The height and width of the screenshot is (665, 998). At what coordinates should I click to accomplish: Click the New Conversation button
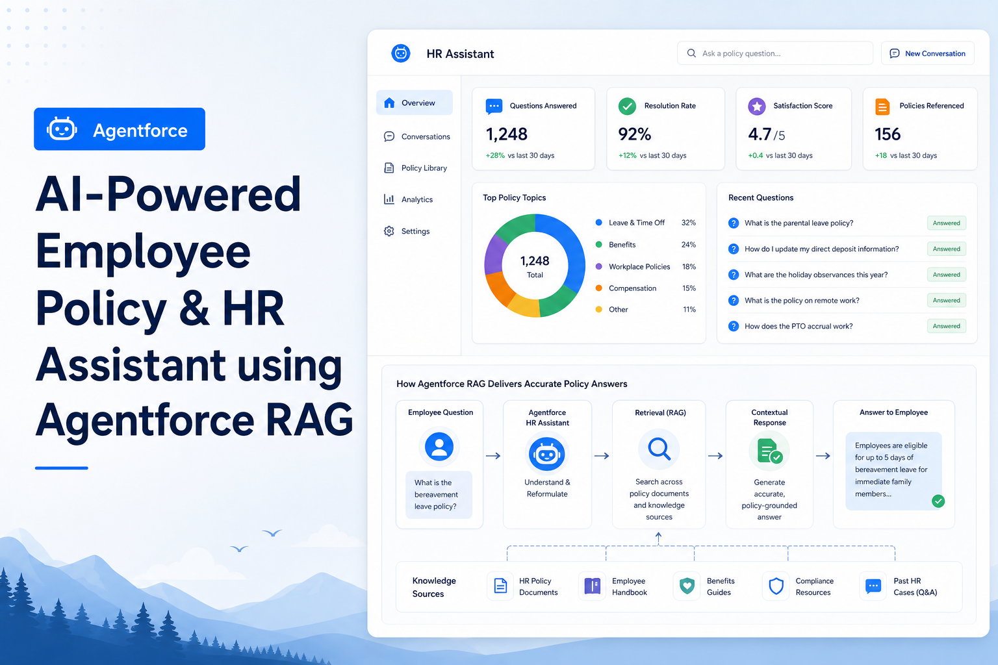click(928, 53)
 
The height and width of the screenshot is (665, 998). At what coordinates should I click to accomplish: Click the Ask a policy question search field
click(774, 53)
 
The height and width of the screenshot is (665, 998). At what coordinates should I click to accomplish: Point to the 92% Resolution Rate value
click(634, 134)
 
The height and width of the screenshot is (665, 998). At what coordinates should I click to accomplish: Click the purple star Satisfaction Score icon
click(756, 106)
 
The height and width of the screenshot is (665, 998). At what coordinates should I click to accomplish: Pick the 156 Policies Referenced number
click(888, 134)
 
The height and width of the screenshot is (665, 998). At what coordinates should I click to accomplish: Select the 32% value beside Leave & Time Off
click(688, 223)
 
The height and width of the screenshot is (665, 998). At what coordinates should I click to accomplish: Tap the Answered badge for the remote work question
click(946, 300)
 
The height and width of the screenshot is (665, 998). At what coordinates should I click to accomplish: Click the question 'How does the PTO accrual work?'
click(799, 326)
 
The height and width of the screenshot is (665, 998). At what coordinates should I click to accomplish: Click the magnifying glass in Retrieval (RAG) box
click(659, 449)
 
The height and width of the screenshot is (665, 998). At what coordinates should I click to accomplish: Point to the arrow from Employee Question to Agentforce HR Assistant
click(493, 456)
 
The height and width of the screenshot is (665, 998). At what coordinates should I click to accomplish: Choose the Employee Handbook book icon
click(592, 586)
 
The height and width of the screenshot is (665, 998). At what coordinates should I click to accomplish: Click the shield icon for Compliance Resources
click(776, 586)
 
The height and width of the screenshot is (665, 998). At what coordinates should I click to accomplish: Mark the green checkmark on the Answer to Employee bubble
click(938, 501)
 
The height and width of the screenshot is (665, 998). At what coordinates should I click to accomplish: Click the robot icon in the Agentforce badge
click(62, 129)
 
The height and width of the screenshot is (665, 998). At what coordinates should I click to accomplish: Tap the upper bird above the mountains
click(272, 533)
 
